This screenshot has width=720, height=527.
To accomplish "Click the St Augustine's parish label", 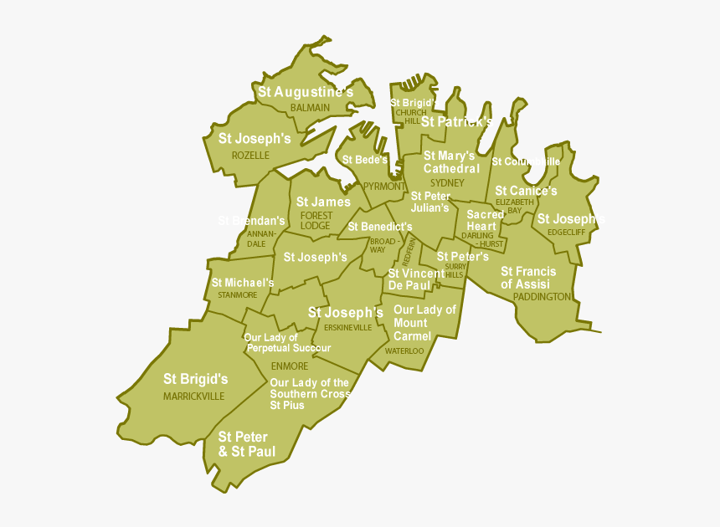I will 305,92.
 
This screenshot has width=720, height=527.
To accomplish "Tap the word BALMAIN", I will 310,108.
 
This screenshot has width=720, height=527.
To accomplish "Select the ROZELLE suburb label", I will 250,156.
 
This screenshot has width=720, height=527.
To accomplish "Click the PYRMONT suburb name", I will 383,187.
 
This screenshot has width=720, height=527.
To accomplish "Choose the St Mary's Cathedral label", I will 450,162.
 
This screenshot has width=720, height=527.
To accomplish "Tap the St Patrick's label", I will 456,122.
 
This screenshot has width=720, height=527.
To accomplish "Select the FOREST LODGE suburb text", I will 316,221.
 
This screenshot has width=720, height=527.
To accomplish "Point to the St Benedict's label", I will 380,227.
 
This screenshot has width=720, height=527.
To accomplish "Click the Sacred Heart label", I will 486,221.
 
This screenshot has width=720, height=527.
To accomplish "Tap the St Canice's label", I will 526,192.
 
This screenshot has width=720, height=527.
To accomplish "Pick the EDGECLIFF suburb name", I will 567,233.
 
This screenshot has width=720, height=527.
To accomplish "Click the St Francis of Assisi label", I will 527,278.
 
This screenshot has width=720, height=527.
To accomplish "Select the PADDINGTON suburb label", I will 542,297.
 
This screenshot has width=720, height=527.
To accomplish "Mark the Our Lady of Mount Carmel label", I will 424,323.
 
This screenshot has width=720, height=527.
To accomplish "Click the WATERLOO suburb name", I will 404,351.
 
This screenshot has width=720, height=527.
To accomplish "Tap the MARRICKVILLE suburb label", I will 193,397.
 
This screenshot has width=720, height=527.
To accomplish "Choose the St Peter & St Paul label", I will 243,444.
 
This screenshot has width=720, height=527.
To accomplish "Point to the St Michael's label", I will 242,283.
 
